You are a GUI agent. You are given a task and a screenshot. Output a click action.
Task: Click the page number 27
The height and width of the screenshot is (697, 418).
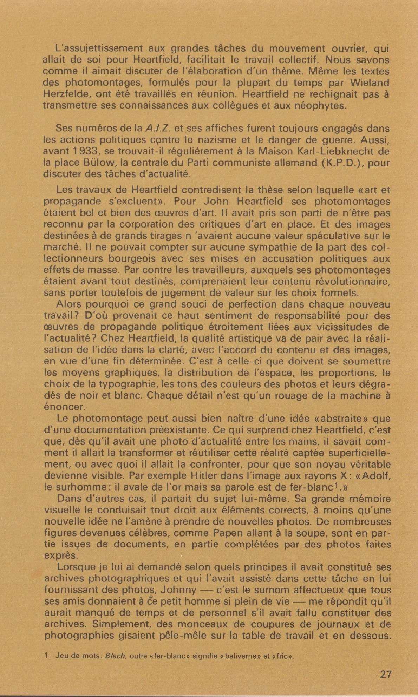coord(385,675)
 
